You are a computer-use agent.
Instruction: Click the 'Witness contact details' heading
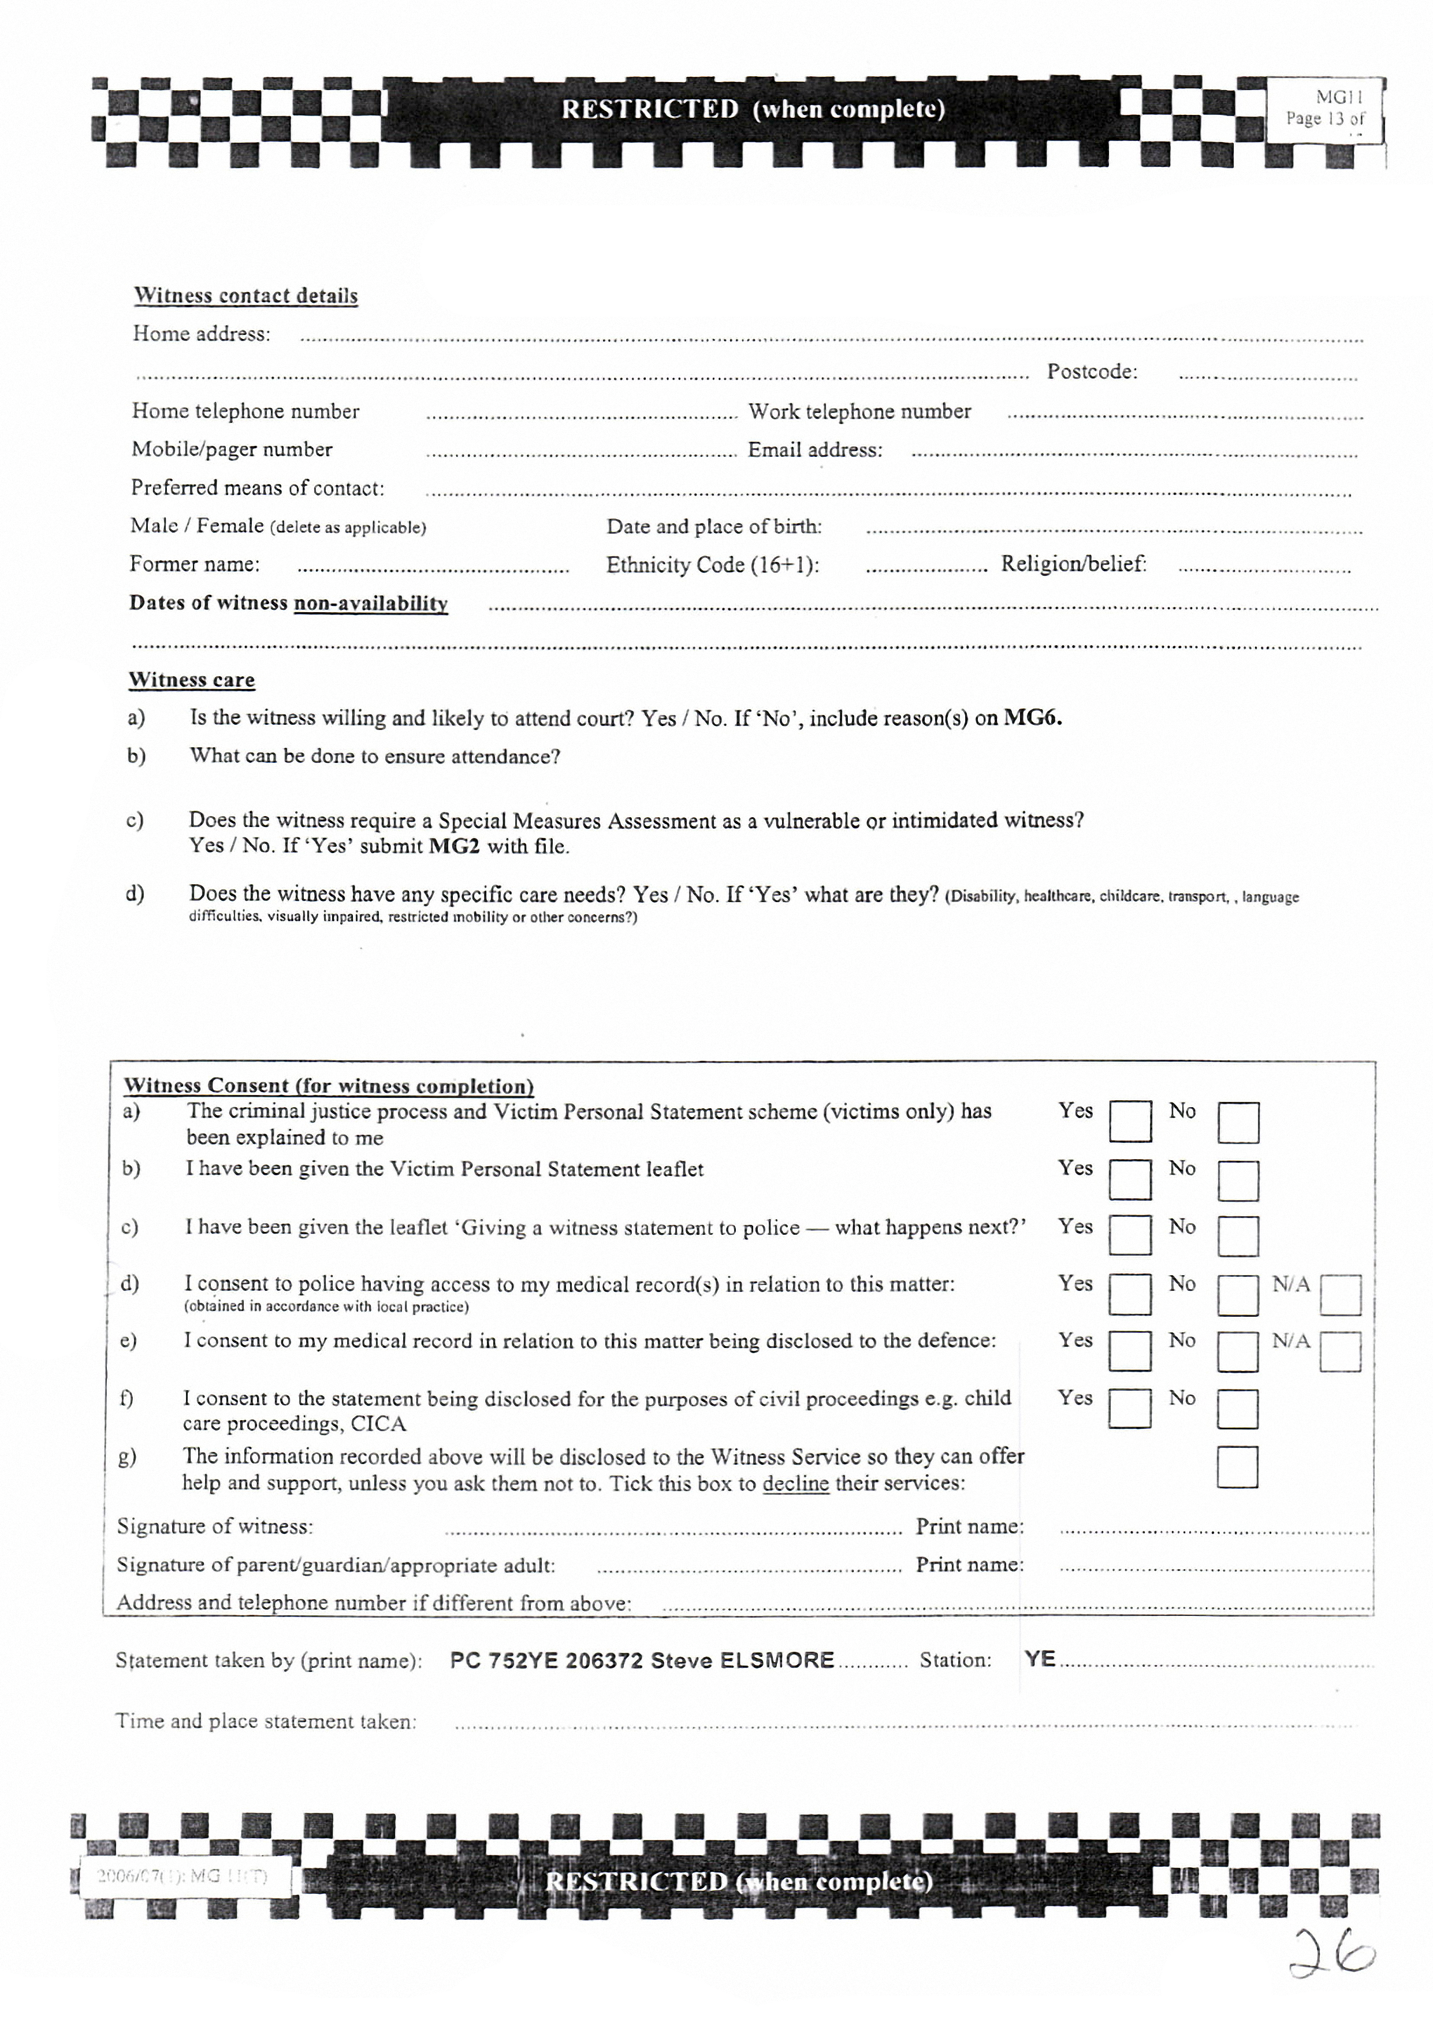pos(245,296)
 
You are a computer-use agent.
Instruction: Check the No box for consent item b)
pos(1238,1180)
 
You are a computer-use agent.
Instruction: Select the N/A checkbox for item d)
pos(1341,1294)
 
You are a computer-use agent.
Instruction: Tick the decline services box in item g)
pos(1237,1466)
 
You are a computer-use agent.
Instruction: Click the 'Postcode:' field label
pos(1092,371)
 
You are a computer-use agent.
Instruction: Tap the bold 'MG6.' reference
pos(1033,717)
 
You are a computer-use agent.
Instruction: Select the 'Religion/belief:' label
pos(1073,564)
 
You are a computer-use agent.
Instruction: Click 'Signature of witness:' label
pos(215,1526)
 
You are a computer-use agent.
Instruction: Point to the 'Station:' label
pos(956,1660)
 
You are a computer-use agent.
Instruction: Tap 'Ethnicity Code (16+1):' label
pos(712,565)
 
